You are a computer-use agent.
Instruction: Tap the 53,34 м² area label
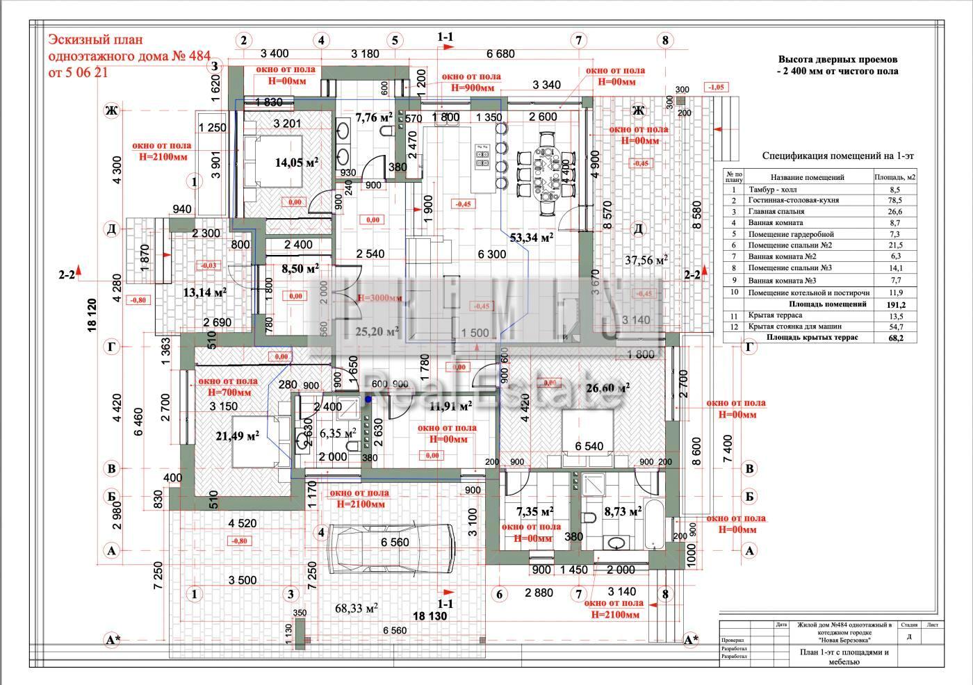click(531, 238)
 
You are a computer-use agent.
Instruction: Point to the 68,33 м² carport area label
click(357, 608)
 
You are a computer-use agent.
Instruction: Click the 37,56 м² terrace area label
click(646, 260)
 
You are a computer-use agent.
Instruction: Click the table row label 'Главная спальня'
click(776, 211)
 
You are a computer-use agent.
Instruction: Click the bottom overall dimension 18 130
click(430, 616)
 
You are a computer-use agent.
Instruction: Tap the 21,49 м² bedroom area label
click(238, 436)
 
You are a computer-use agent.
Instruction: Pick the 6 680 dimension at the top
click(500, 53)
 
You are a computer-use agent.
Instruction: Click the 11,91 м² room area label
click(450, 406)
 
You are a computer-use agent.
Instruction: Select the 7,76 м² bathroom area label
click(374, 117)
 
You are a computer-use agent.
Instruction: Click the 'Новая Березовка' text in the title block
click(844, 640)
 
